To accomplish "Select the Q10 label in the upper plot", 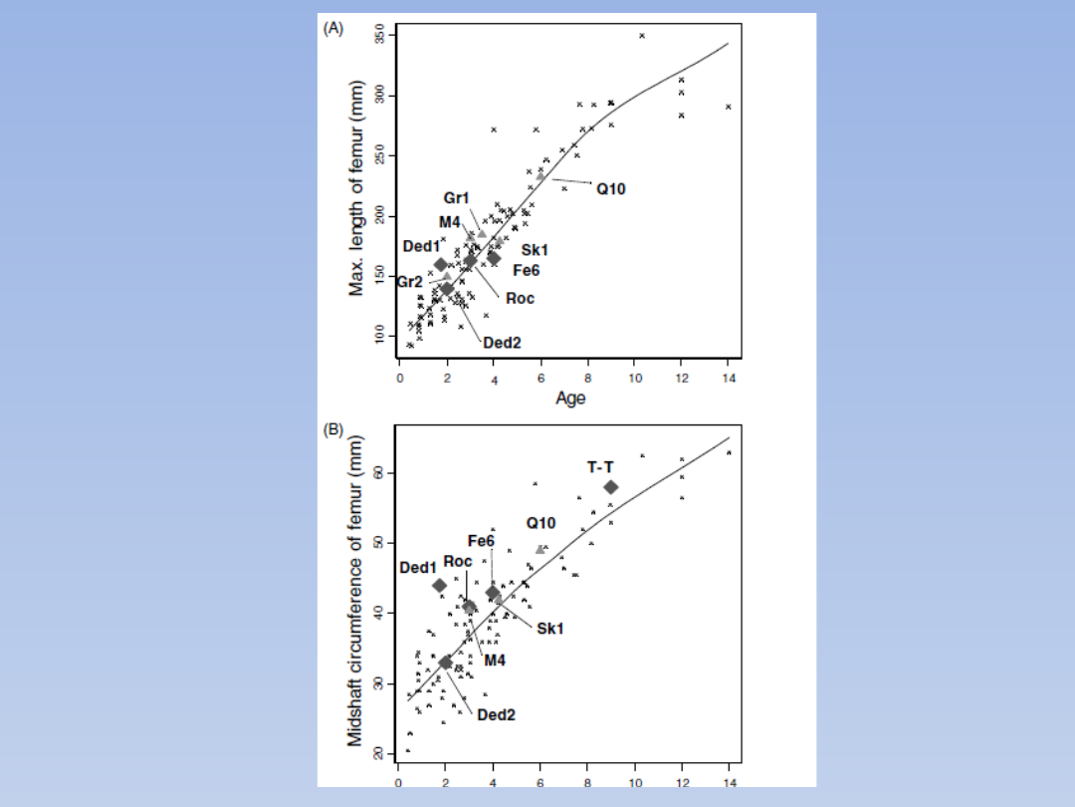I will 611,188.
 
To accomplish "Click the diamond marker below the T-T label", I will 611,487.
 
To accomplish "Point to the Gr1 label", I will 457,199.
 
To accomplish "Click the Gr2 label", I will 410,282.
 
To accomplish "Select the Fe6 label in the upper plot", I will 527,269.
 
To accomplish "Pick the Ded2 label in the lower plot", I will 496,714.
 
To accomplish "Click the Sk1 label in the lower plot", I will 550,629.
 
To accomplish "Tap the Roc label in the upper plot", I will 520,298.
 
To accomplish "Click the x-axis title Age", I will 570,399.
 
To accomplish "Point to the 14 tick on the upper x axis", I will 729,379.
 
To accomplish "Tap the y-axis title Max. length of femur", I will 356,188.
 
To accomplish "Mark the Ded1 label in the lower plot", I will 418,568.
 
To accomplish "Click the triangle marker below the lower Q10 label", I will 540,549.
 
